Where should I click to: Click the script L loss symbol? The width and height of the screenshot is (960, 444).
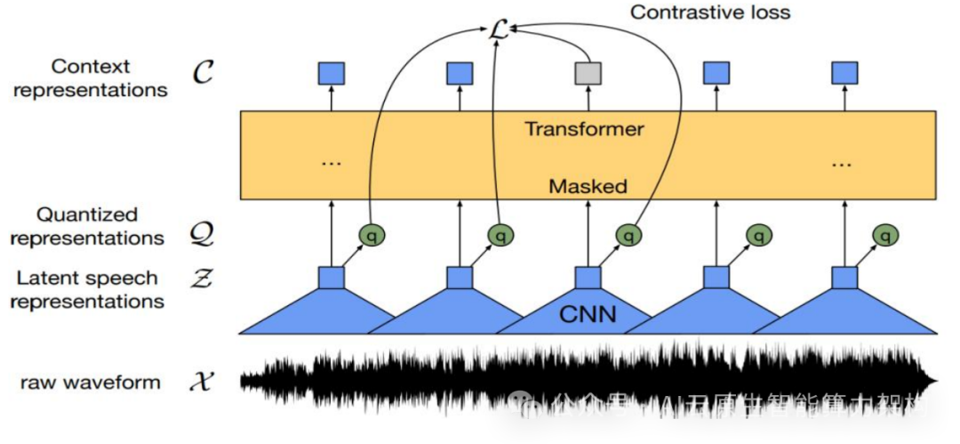[x=498, y=30]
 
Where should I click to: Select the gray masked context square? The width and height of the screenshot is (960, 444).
[x=588, y=73]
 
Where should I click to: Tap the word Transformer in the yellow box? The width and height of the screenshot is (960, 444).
[x=584, y=129]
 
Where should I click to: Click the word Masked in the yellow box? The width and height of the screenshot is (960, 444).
[x=588, y=187]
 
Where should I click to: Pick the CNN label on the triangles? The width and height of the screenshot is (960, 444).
[x=588, y=313]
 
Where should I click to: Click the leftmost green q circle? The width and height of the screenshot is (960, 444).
[x=372, y=235]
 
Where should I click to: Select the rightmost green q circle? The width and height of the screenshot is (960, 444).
[x=884, y=235]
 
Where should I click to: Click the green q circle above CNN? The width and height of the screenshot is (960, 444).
[x=628, y=235]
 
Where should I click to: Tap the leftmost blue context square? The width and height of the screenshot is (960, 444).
[x=332, y=73]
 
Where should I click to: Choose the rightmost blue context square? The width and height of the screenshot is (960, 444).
[x=844, y=73]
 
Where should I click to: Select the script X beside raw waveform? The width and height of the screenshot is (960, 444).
[x=204, y=383]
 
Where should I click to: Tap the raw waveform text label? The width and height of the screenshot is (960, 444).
[x=91, y=383]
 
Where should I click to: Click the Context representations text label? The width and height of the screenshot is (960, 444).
[x=91, y=78]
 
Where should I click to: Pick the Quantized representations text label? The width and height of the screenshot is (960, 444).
[x=87, y=226]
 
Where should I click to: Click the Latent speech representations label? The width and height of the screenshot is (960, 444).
[x=87, y=289]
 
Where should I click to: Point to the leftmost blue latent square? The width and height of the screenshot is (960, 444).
[x=332, y=278]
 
